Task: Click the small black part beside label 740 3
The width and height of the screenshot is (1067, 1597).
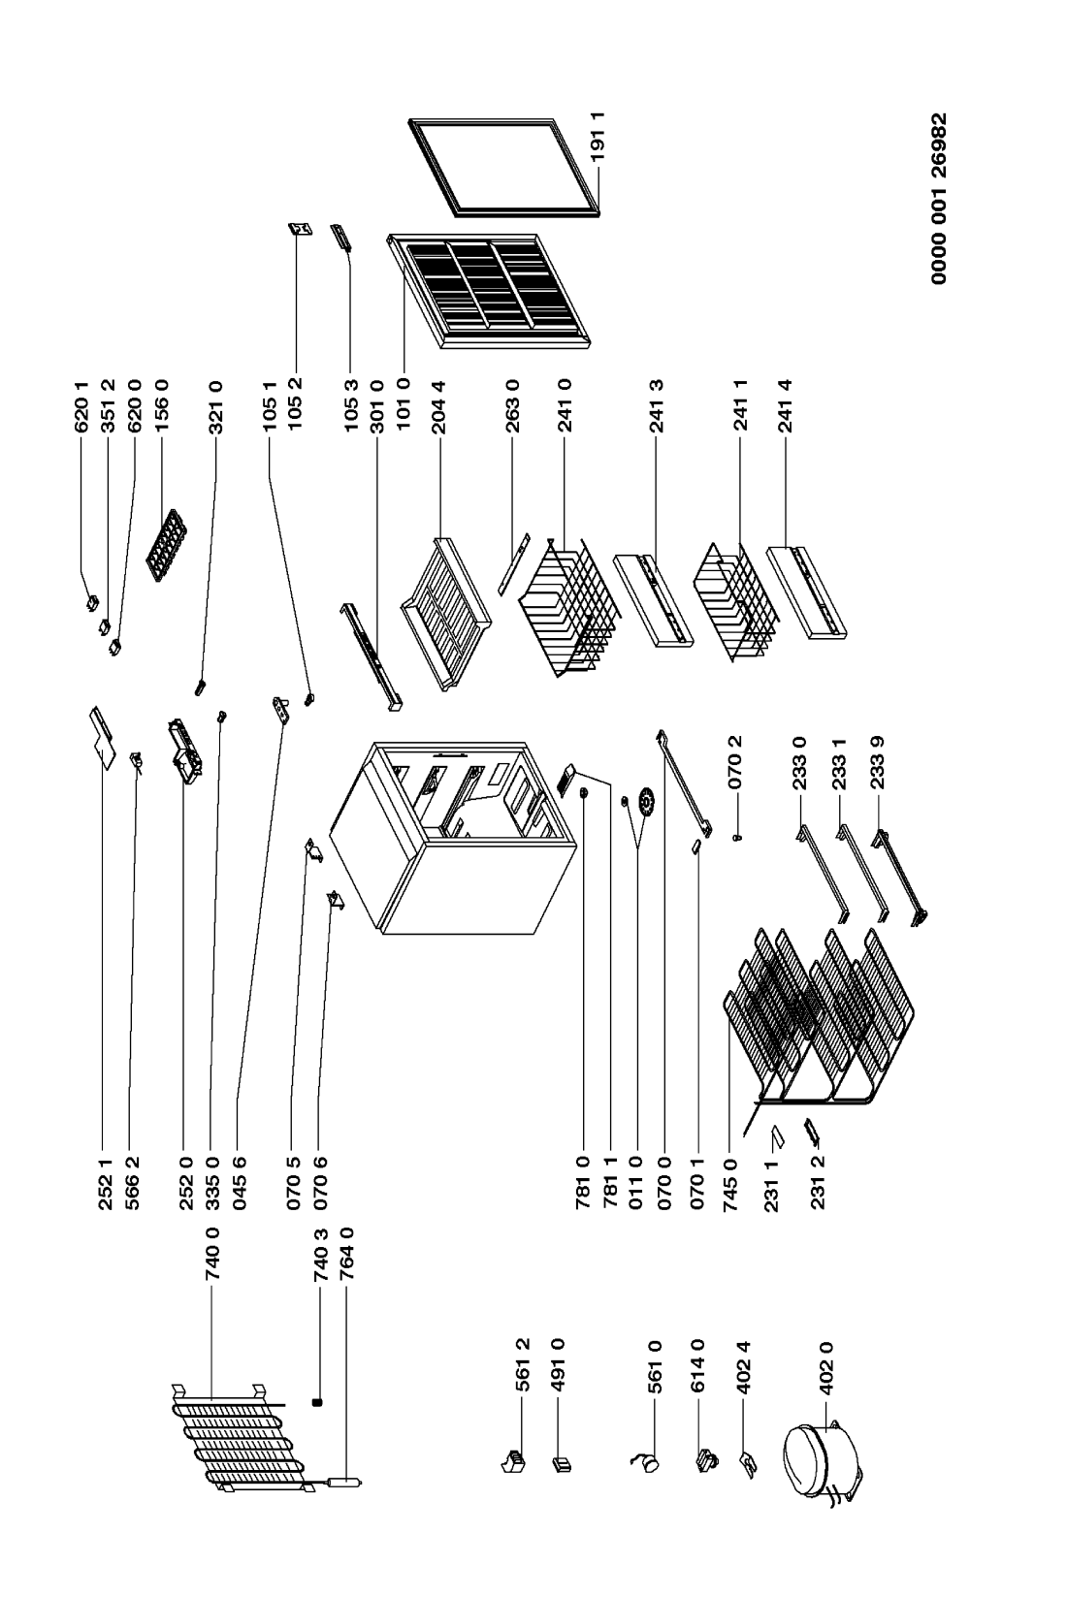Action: pyautogui.click(x=317, y=1402)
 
